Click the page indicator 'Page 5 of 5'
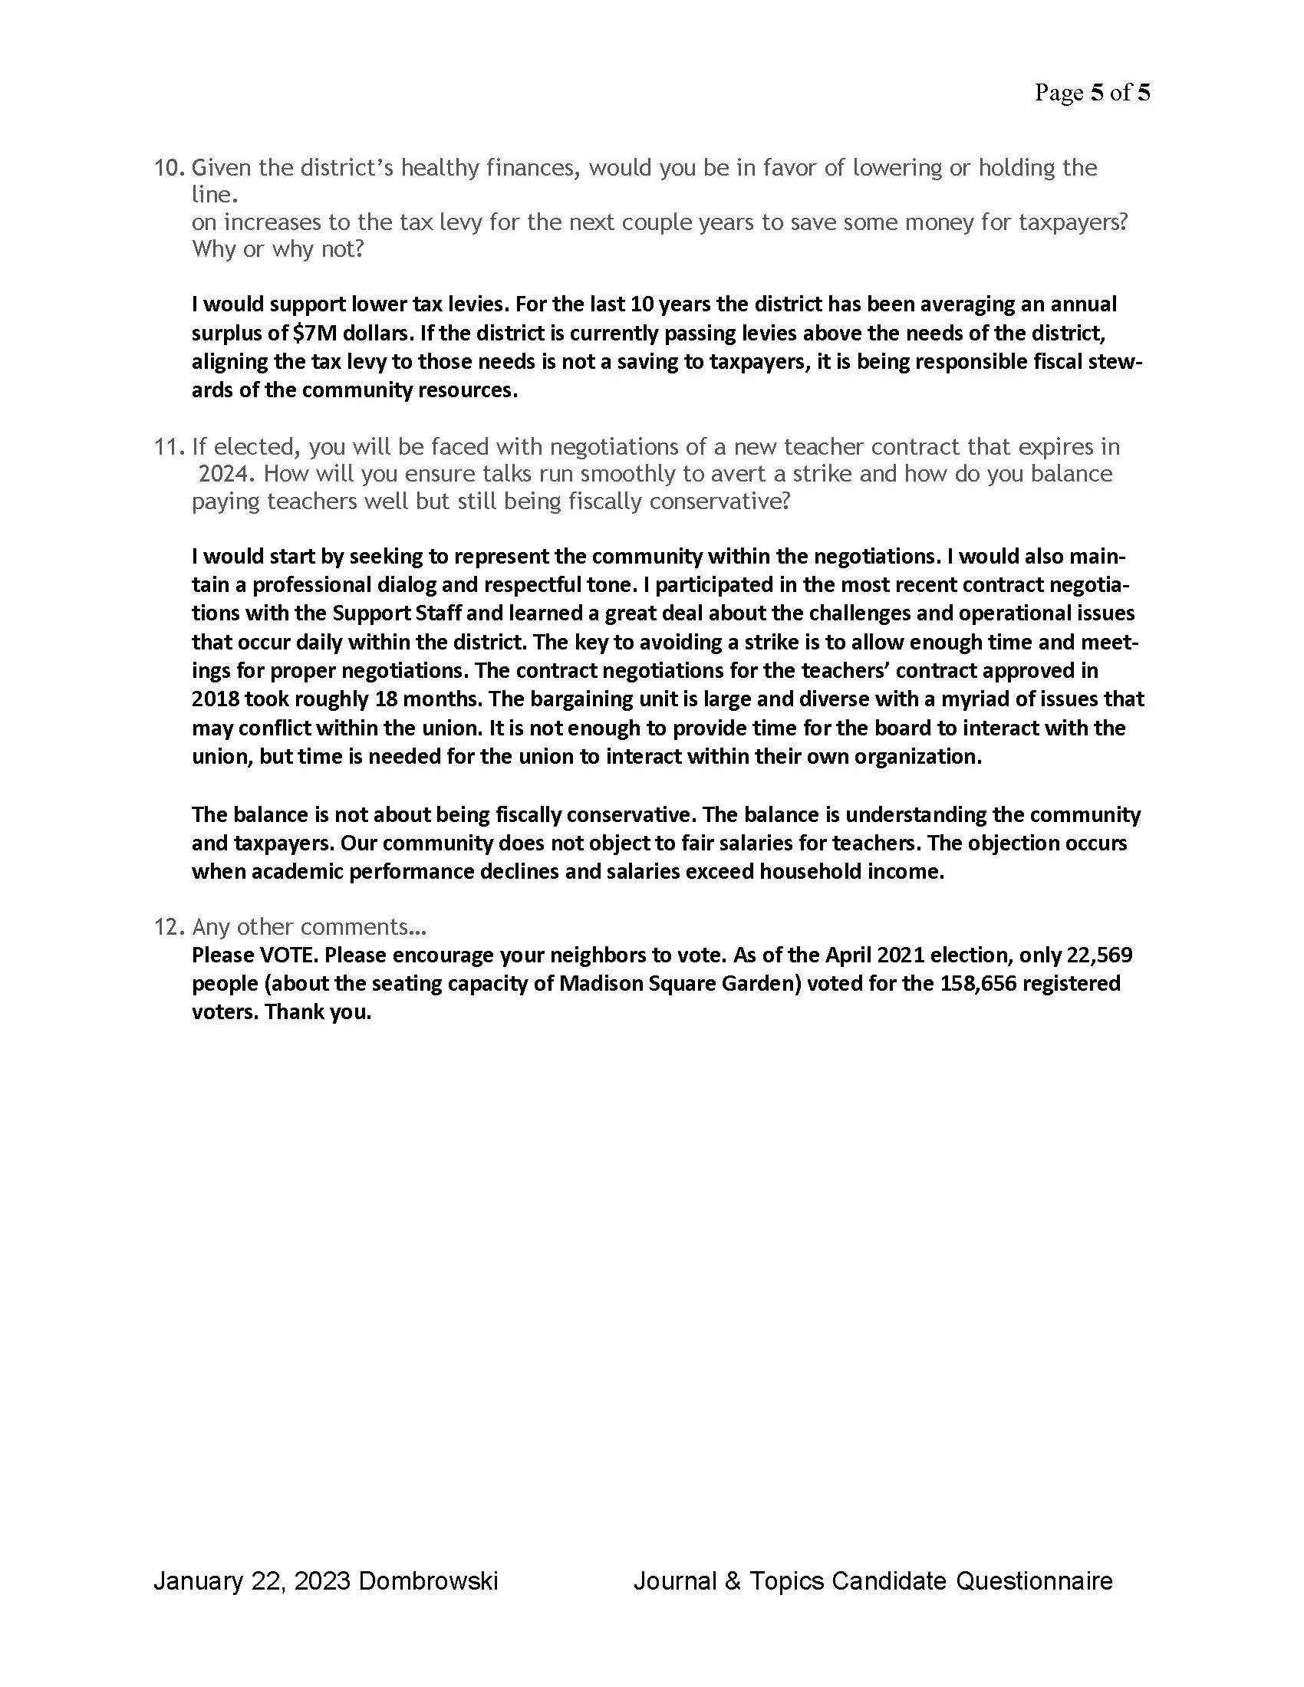coord(1092,93)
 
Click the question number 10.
coord(169,168)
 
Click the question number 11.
coord(169,446)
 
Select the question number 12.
coord(169,926)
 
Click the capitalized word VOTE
coord(288,955)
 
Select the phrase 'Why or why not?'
coord(278,249)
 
